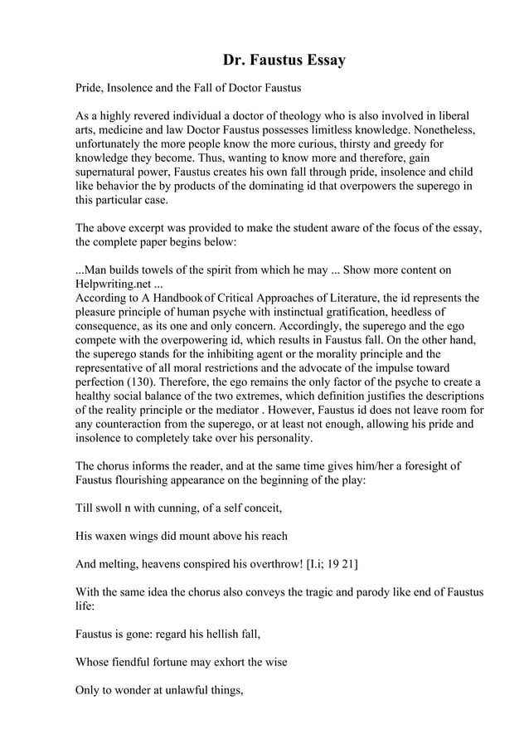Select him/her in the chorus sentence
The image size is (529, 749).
click(349, 467)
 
